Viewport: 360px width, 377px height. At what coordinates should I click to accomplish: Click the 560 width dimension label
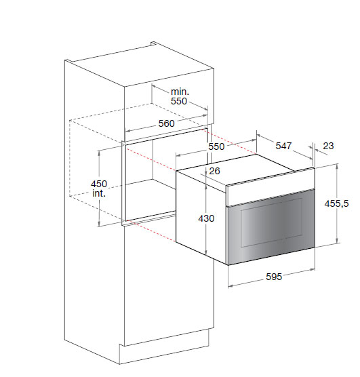click(x=166, y=123)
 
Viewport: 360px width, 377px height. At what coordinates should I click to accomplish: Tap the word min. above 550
click(x=180, y=92)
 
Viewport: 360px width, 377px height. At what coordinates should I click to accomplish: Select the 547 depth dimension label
click(x=283, y=146)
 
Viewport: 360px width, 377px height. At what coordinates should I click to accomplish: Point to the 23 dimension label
click(x=328, y=146)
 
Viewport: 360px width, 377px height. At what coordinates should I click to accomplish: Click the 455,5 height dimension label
click(x=336, y=203)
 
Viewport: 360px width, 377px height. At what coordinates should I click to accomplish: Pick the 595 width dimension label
click(x=274, y=277)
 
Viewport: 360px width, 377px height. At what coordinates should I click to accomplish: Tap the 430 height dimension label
click(x=206, y=218)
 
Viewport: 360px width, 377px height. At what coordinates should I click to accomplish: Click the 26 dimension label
click(x=214, y=171)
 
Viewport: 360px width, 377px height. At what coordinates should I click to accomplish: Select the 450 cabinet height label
click(x=98, y=184)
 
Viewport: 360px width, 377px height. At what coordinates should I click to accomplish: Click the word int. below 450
click(x=99, y=193)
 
